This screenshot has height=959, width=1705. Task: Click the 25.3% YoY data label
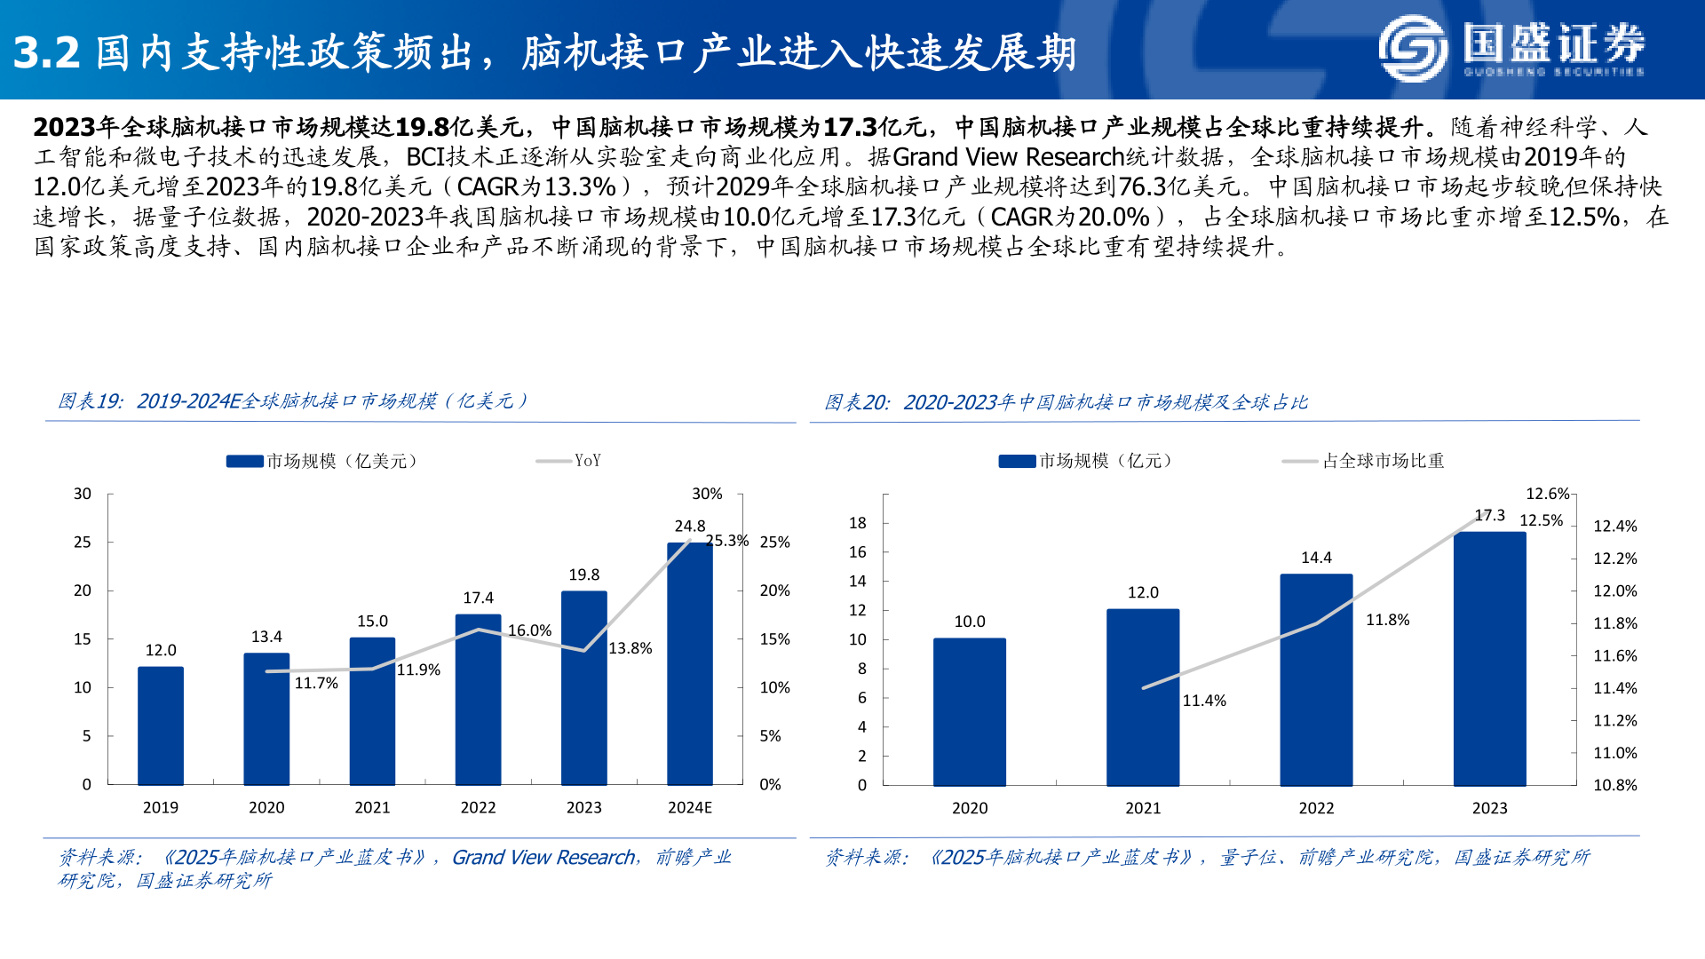pos(726,541)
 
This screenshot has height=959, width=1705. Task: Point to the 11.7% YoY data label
pos(316,683)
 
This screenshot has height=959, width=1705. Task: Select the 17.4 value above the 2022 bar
pos(478,598)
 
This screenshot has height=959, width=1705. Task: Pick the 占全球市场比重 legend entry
pos(1383,460)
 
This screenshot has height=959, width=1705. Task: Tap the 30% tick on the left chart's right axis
pos(707,494)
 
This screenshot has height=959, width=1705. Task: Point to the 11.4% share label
pos(1204,701)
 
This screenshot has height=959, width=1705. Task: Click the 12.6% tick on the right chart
pos(1547,494)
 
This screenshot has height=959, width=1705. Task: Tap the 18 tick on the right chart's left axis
pos(857,523)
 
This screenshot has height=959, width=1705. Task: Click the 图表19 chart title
pos(293,401)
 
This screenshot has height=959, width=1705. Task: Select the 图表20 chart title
pos(1066,402)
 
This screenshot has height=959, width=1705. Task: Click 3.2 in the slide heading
pos(46,53)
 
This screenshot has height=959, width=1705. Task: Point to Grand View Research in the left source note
pos(543,857)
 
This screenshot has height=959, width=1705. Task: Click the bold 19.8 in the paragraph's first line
pos(422,127)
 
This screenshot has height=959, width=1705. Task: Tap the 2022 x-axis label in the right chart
pos(1316,808)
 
